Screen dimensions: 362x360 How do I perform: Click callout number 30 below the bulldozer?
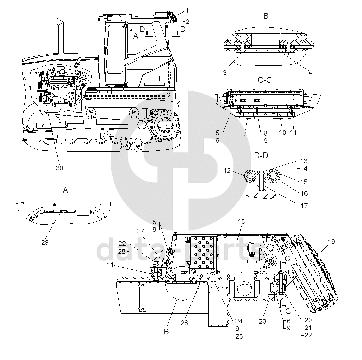tap(59, 168)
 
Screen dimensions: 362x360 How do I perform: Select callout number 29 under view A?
tap(45, 242)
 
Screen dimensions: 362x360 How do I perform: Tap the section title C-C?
tap(265, 80)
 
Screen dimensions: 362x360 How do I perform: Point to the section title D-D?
tap(261, 155)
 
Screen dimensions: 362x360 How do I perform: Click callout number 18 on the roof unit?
tap(241, 221)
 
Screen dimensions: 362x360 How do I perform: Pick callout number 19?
tap(331, 242)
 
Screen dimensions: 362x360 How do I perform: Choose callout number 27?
tap(141, 231)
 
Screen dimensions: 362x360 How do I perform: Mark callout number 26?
tap(184, 323)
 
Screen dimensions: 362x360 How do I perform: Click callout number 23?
tap(263, 321)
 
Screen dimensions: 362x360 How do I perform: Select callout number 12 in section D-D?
tap(227, 170)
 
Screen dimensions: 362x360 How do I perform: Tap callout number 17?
tap(304, 206)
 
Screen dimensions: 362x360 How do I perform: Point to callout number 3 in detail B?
tap(225, 73)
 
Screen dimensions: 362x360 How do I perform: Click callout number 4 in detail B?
tap(310, 72)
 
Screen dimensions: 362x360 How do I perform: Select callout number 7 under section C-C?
tap(245, 133)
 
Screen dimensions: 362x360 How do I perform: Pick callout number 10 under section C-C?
tap(282, 133)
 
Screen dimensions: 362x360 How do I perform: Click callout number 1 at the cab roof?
tap(187, 10)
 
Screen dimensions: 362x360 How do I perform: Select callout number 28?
tap(122, 251)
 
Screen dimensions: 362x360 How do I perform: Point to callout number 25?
tap(239, 336)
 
